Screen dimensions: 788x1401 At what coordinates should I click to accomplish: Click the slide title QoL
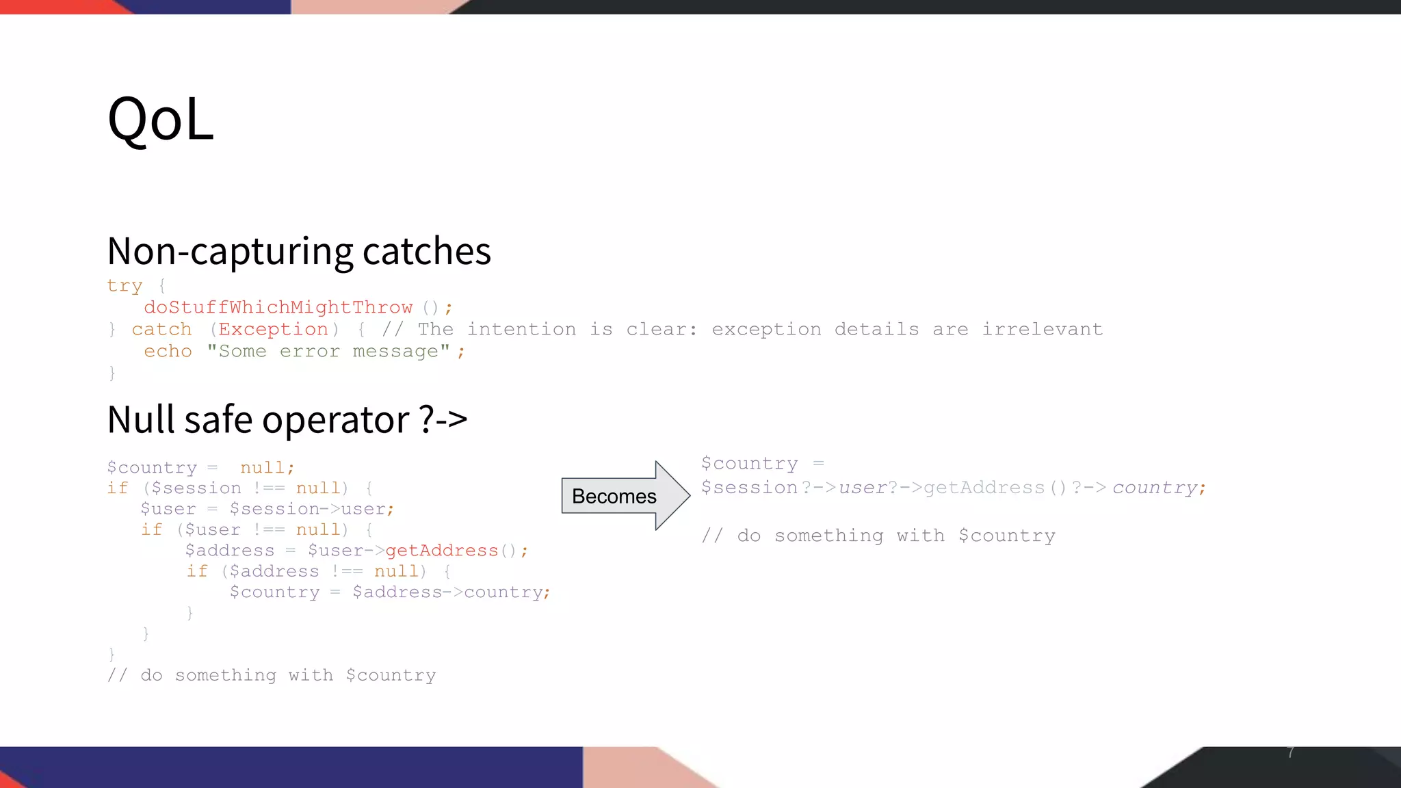[x=161, y=119]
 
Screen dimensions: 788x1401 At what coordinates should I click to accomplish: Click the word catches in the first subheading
[x=426, y=251]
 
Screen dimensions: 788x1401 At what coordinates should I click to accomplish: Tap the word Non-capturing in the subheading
[x=231, y=251]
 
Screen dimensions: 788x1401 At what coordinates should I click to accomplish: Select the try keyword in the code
[x=125, y=285]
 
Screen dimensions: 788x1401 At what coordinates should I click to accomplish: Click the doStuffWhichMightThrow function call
[x=278, y=307]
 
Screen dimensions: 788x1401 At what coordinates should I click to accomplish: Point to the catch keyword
[x=161, y=329]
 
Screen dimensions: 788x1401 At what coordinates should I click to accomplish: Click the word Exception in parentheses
[x=273, y=329]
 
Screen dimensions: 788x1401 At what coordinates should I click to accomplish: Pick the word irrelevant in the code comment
[x=1042, y=329]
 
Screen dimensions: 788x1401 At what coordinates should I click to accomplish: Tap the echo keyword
[x=168, y=351]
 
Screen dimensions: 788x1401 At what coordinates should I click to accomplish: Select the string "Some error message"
[x=328, y=351]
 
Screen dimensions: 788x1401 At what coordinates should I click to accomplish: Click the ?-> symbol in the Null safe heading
[x=443, y=419]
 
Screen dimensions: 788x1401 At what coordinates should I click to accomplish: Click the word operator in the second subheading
[x=335, y=420]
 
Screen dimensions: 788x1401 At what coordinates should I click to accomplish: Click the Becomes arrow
[x=624, y=496]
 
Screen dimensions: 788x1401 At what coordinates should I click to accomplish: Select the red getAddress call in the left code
[x=441, y=551]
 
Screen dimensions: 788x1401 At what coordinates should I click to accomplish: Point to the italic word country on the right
[x=1155, y=488]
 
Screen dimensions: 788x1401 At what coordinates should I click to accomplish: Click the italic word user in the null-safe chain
[x=863, y=488]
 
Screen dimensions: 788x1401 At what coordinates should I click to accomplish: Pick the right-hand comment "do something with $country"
[x=878, y=536]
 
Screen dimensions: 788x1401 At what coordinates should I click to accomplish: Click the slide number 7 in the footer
[x=1291, y=752]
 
